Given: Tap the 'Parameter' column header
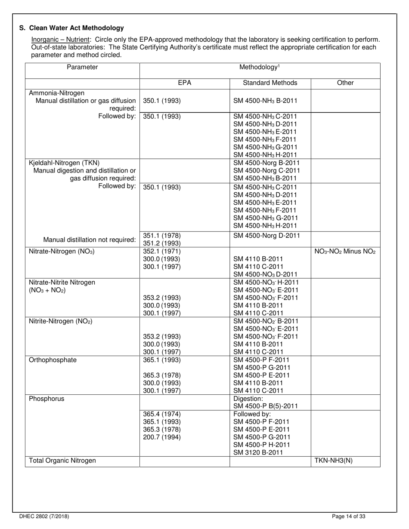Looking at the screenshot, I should pyautogui.click(x=82, y=67).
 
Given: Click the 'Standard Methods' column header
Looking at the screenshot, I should pyautogui.click(x=270, y=83).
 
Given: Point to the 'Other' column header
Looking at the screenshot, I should pyautogui.click(x=345, y=83).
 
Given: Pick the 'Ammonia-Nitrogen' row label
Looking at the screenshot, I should pyautogui.click(x=57, y=93).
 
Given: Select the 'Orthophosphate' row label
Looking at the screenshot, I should pyautogui.click(x=53, y=360).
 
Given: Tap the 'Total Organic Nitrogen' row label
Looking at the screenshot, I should pyautogui.click(x=62, y=461).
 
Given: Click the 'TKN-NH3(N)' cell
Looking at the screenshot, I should pyautogui.click(x=334, y=461).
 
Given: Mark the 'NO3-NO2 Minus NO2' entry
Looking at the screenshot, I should pyautogui.click(x=345, y=252).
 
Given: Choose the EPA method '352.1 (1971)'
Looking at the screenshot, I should pyautogui.click(x=161, y=252).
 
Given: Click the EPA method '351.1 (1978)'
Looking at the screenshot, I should pyautogui.click(x=161, y=235).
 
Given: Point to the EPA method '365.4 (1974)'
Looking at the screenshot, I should pyautogui.click(x=161, y=414).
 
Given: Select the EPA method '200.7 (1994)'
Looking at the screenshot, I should pyautogui.click(x=161, y=437).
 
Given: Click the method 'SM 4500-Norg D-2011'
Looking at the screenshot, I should pyautogui.click(x=266, y=235).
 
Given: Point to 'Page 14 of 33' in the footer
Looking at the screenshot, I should pyautogui.click(x=349, y=517).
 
